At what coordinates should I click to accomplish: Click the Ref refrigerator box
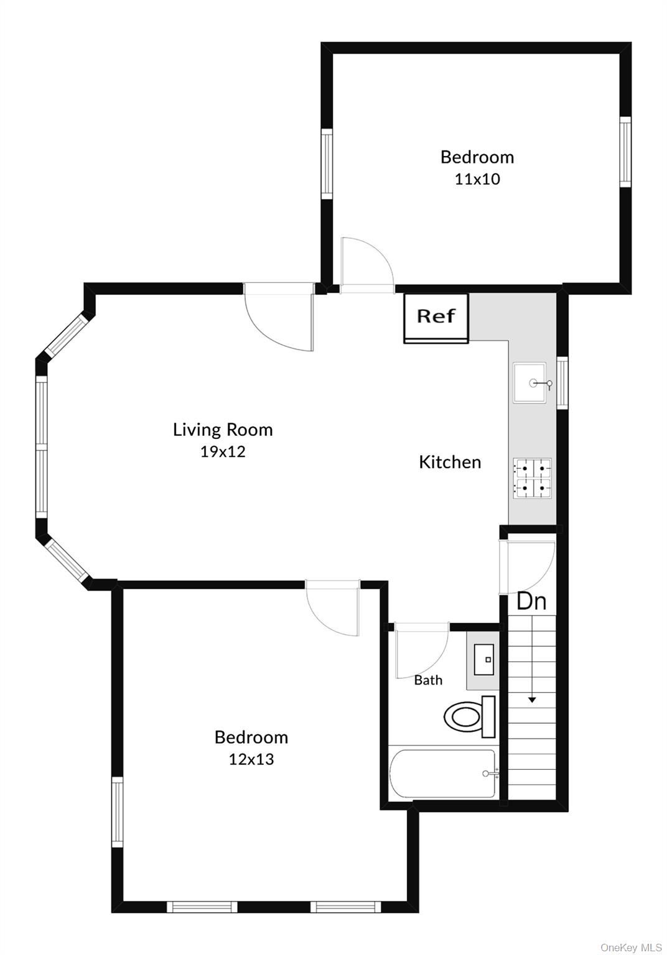pos(436,317)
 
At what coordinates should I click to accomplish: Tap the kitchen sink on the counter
pos(530,383)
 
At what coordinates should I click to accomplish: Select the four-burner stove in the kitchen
pos(533,478)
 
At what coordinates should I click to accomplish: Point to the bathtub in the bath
pos(443,773)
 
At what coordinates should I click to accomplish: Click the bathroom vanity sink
pos(484,660)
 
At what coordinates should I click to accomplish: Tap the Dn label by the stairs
pos(532,601)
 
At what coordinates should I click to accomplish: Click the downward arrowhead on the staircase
pos(532,699)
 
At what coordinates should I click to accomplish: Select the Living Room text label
pos(223,430)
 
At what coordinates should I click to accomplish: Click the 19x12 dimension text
pos(223,452)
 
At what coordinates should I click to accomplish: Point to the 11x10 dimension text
pos(477,180)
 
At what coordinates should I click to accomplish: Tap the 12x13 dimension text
pos(251,759)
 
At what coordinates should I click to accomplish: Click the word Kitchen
pos(450,462)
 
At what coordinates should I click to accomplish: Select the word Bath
pos(428,680)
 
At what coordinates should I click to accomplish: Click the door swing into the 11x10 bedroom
pos(367,264)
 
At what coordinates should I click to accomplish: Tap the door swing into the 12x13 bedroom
pos(333,609)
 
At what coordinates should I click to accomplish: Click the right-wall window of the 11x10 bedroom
pos(625,151)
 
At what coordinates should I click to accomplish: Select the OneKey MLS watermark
pos(631,948)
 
